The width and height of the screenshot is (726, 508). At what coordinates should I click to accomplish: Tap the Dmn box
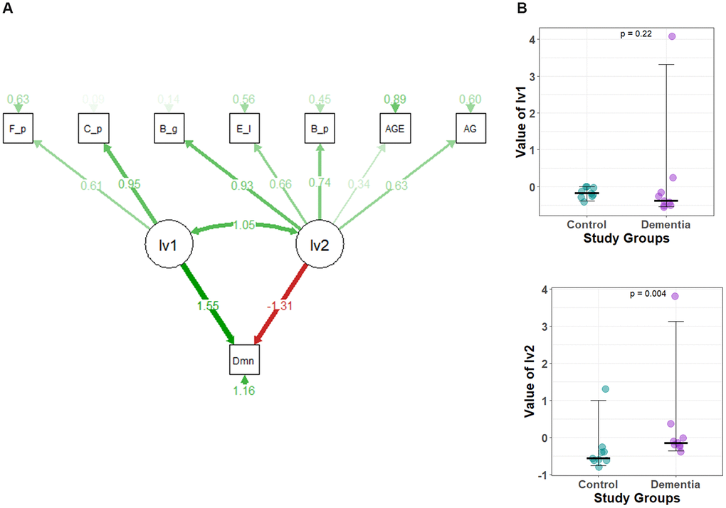pyautogui.click(x=244, y=360)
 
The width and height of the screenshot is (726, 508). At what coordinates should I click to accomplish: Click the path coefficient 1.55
pyautogui.click(x=206, y=305)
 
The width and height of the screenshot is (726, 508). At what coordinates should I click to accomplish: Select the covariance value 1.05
pyautogui.click(x=244, y=225)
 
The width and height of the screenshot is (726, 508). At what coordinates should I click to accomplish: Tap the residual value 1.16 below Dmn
pyautogui.click(x=244, y=390)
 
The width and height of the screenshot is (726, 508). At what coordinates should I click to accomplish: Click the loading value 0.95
pyautogui.click(x=129, y=184)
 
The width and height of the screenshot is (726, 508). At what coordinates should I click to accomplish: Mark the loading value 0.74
pyautogui.click(x=320, y=183)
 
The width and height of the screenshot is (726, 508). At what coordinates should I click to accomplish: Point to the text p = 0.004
pyautogui.click(x=648, y=293)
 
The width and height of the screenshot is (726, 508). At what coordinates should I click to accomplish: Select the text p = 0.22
pyautogui.click(x=636, y=33)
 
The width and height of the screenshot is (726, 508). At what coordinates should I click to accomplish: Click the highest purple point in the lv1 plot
pyautogui.click(x=671, y=36)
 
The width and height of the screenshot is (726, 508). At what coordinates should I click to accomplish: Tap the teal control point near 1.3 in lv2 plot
pyautogui.click(x=606, y=389)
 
